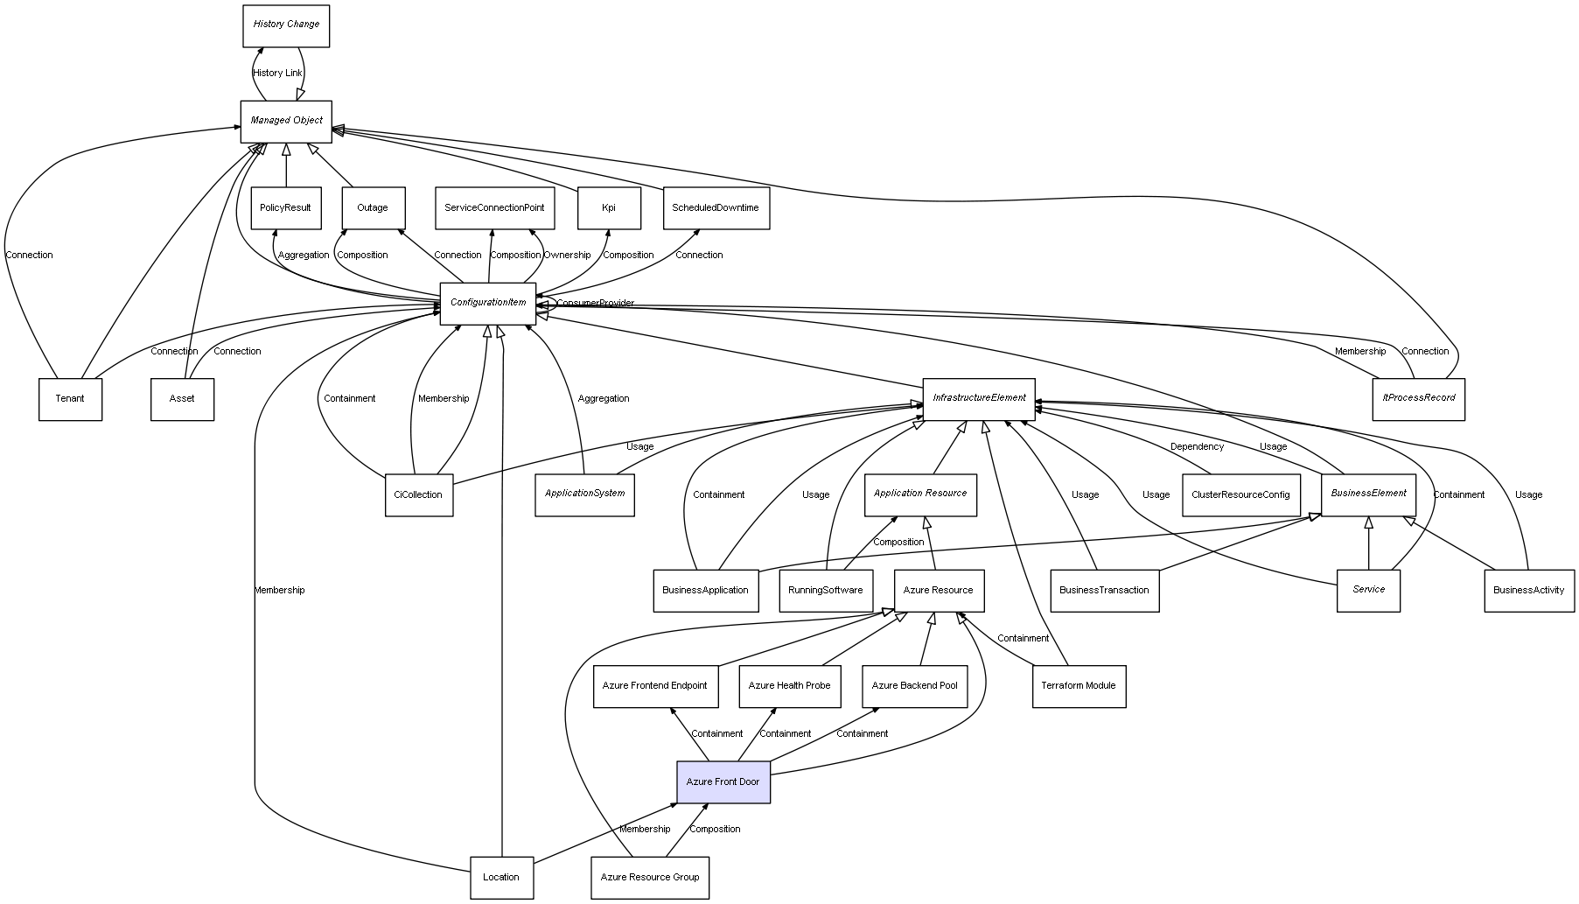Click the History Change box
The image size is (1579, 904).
(286, 25)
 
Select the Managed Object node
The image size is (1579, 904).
(286, 121)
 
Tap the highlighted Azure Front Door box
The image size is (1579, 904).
(723, 781)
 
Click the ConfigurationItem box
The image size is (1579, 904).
(488, 303)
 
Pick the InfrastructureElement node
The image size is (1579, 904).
(979, 399)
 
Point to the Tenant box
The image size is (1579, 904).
(70, 399)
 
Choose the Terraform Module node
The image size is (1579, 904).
(1079, 686)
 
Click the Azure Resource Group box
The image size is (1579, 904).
(650, 877)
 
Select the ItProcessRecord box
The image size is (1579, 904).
(1418, 399)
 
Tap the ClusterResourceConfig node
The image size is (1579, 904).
(1240, 494)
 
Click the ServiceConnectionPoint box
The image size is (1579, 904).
(494, 208)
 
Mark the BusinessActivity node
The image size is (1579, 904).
(1529, 590)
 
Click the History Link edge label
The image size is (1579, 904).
(277, 74)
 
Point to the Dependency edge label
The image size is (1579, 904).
(1197, 446)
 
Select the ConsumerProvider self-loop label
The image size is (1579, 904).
(595, 304)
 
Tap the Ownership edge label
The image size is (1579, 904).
(567, 256)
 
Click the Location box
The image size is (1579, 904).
(501, 877)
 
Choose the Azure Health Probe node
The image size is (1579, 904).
(790, 686)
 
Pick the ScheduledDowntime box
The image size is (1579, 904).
(716, 208)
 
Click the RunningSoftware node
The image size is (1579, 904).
(825, 590)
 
